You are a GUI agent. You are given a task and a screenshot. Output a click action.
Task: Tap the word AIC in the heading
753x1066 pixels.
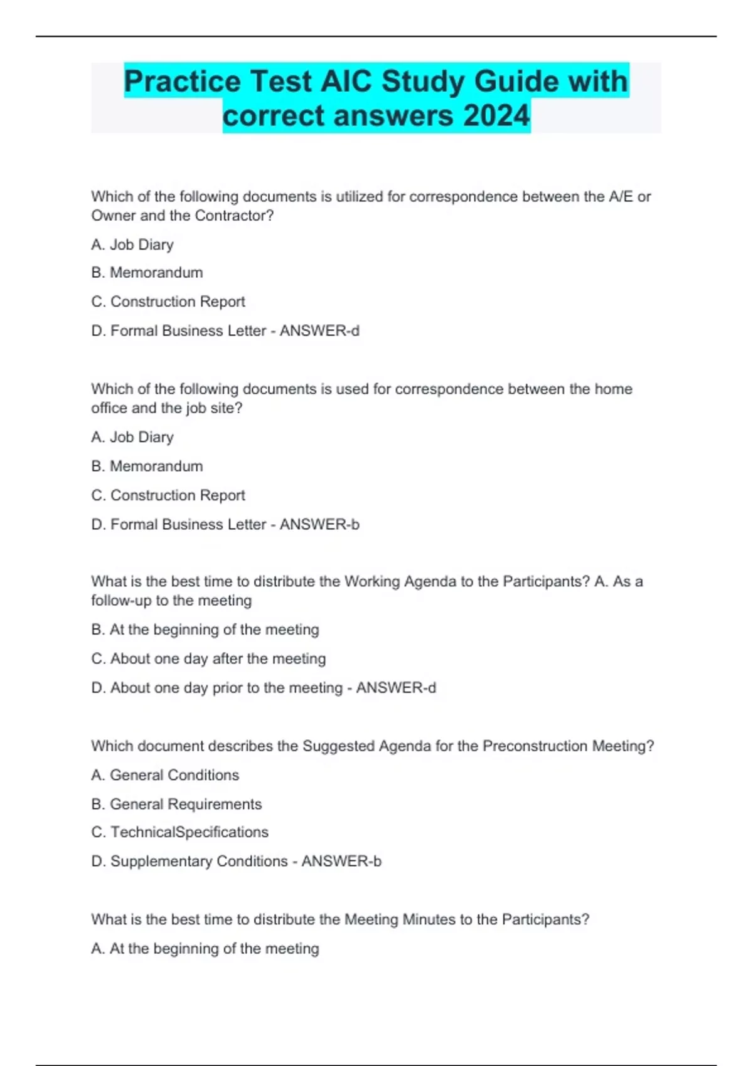(346, 82)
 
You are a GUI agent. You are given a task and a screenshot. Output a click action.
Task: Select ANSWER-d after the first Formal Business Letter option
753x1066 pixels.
(319, 330)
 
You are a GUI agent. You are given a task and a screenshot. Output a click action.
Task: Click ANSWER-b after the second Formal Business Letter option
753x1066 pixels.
(319, 524)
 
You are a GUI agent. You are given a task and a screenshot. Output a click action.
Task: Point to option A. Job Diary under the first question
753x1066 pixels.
(132, 245)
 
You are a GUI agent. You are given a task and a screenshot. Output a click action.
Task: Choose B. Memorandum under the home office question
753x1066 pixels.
(147, 466)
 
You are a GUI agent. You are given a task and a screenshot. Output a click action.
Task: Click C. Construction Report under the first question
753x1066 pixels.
(168, 302)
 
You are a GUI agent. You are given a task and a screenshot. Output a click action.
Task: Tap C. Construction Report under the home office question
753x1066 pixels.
(168, 495)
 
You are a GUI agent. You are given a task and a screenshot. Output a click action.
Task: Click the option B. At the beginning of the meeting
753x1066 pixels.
(205, 630)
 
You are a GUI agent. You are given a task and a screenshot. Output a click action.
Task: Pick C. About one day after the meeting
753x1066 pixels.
(208, 658)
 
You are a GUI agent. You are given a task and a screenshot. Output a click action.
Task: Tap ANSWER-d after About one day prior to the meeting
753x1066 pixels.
(396, 688)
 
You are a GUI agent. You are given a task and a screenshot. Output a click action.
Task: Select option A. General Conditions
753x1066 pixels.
(165, 775)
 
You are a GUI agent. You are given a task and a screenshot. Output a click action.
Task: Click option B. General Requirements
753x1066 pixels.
(176, 804)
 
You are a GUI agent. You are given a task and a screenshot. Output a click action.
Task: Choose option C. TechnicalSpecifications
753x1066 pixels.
(179, 832)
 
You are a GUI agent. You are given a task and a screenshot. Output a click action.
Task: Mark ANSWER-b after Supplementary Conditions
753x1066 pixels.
(341, 862)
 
